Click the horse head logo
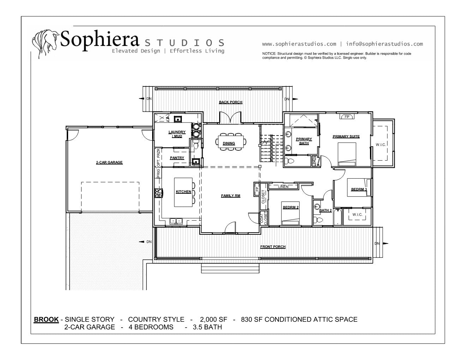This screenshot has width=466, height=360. click(x=46, y=43)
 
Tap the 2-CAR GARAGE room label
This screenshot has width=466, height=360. click(x=109, y=162)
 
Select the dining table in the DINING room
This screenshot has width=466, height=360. click(x=231, y=141)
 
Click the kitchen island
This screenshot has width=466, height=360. click(x=183, y=192)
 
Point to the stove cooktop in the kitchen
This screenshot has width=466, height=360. click(x=159, y=193)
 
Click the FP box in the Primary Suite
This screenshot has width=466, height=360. click(x=347, y=116)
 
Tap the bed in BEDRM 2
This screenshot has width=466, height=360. click(x=290, y=213)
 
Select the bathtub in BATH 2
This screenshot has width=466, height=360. click(x=338, y=217)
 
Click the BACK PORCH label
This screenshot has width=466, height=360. click(x=231, y=102)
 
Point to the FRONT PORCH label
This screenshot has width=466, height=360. click(x=273, y=247)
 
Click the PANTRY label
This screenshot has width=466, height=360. click(x=177, y=158)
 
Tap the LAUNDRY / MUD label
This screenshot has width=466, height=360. click(x=177, y=134)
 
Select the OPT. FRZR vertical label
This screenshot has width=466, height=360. click(x=158, y=158)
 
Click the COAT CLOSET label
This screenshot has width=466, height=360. click(x=264, y=218)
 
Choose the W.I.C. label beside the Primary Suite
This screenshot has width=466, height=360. click(x=381, y=145)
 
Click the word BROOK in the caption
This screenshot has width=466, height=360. click(x=46, y=319)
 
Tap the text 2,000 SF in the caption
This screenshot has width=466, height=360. click(x=213, y=319)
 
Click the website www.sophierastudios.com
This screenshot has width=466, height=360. click(x=299, y=44)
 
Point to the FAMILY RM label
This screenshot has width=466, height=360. click(x=231, y=196)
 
